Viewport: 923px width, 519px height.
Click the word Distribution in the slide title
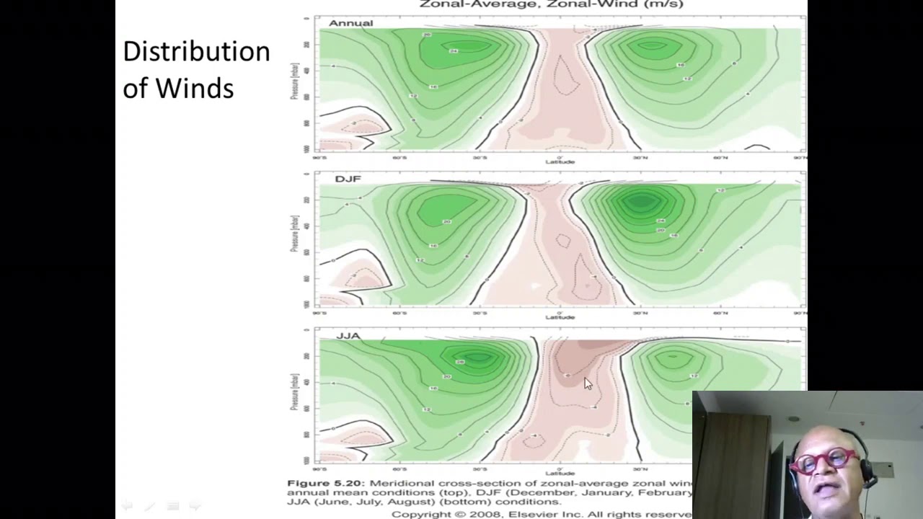196,52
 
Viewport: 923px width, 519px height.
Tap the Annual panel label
350,23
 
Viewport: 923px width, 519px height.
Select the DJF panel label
348,179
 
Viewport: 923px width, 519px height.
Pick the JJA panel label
348,336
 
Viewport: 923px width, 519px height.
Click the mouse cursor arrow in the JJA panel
588,383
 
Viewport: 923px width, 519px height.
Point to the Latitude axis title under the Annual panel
560,161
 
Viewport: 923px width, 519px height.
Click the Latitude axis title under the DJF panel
560,317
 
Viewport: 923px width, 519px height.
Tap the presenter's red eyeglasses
823,460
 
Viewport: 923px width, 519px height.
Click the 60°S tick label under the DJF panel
399,313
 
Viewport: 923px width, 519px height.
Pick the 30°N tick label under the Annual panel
640,157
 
